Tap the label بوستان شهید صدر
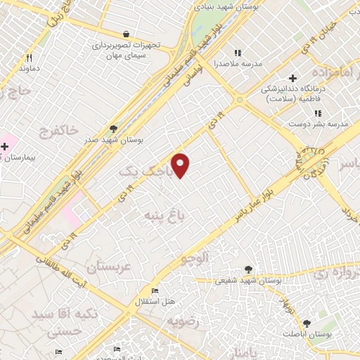coord(113,140)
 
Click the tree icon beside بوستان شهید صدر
coord(113,129)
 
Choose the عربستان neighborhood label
coord(109,267)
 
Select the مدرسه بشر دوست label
coord(323,124)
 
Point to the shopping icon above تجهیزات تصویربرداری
coord(126,34)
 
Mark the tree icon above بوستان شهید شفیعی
coord(247,269)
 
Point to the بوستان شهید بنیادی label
coord(234,6)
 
